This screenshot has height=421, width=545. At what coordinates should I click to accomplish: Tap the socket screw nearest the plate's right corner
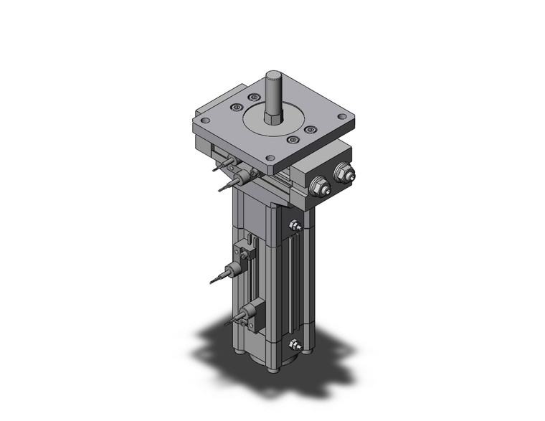(x=309, y=130)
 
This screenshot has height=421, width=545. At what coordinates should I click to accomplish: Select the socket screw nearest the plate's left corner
(x=234, y=108)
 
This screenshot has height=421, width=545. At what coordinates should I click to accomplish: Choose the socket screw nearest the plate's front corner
(x=292, y=141)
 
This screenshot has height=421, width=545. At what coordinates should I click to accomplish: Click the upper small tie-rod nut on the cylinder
(x=294, y=227)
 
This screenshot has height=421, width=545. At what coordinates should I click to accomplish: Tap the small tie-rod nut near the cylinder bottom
(x=293, y=346)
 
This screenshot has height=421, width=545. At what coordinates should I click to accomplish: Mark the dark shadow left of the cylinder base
(x=215, y=344)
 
